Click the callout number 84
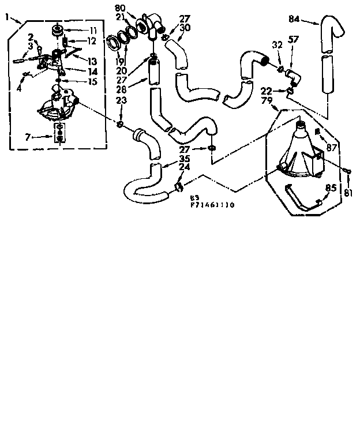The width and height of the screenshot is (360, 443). [x=294, y=18]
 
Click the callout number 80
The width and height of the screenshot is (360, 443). [x=119, y=7]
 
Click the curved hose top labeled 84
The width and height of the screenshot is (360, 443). [x=329, y=29]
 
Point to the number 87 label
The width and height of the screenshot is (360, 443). [x=331, y=148]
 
